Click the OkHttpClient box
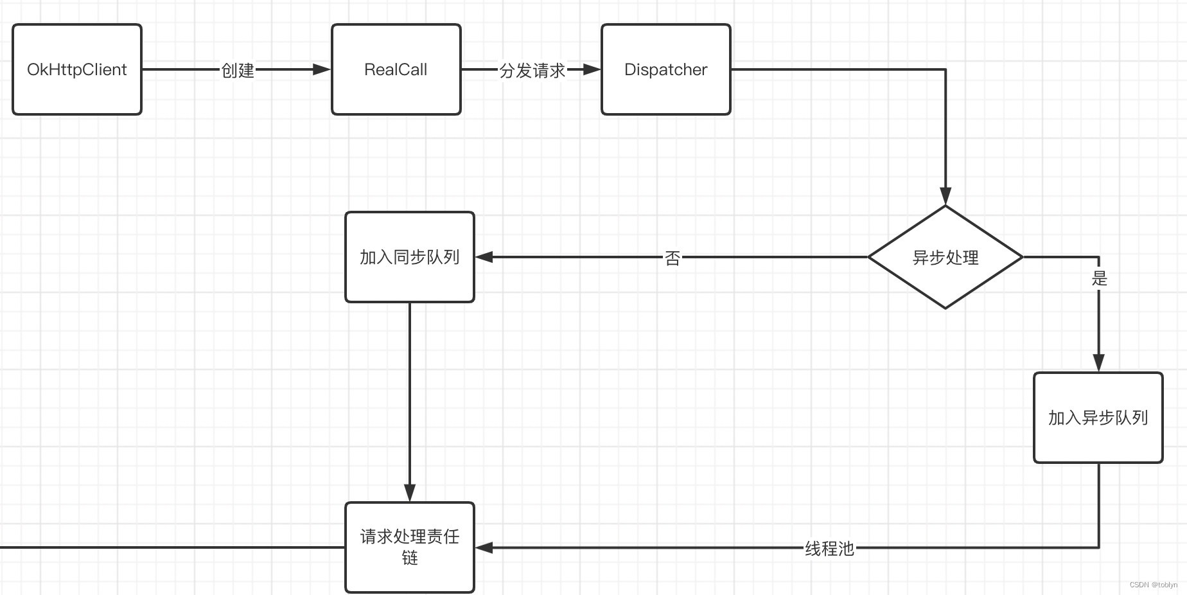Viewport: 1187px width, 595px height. [x=77, y=69]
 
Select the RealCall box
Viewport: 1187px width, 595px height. [x=396, y=69]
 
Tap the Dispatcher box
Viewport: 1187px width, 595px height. [x=665, y=69]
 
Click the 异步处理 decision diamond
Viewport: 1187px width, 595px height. [x=945, y=257]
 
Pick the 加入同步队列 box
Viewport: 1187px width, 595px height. [x=409, y=257]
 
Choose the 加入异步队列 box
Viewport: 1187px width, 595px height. [x=1098, y=418]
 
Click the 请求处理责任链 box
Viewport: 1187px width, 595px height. [x=409, y=547]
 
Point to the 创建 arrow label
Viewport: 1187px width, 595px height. [x=238, y=70]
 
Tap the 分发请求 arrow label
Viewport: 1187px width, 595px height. [x=532, y=70]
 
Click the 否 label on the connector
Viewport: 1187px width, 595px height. [x=673, y=258]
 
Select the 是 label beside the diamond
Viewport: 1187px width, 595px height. [x=1100, y=278]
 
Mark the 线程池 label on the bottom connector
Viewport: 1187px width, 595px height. [x=829, y=548]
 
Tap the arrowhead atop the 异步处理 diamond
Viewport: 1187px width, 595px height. [x=945, y=195]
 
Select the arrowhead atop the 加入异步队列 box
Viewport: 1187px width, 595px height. [x=1098, y=362]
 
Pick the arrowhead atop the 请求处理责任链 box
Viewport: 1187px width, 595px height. [x=410, y=492]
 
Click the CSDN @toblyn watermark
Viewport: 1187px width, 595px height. [x=1153, y=585]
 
